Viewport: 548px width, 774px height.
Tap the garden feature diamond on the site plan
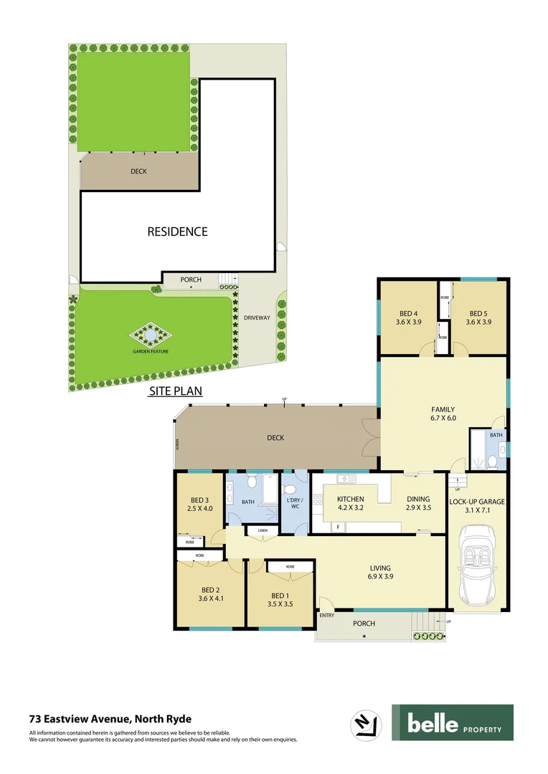(x=149, y=335)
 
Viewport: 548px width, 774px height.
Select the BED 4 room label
(x=409, y=317)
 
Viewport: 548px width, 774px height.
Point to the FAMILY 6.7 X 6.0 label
(x=443, y=414)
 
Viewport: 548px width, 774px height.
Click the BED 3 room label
(x=199, y=505)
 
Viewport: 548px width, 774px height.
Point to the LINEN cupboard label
(x=263, y=531)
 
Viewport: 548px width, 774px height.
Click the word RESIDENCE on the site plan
(x=177, y=231)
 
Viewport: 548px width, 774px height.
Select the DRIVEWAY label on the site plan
(x=257, y=317)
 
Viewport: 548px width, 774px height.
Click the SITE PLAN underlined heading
(x=175, y=391)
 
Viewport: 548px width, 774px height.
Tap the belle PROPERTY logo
(x=452, y=722)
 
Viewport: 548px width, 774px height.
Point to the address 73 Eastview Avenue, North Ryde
(x=110, y=718)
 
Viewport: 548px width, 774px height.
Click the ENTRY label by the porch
(x=327, y=616)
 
